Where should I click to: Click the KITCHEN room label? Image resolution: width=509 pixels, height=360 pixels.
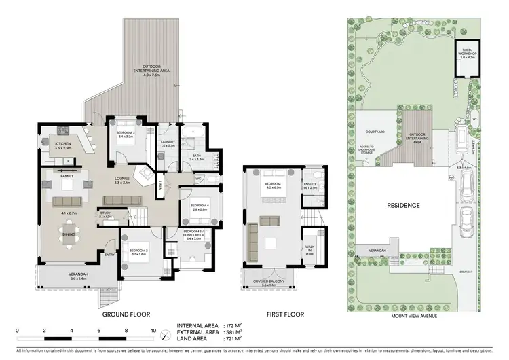[63, 144]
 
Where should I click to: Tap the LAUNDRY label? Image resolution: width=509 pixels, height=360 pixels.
[168, 142]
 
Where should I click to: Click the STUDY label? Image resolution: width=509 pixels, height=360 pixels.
[105, 213]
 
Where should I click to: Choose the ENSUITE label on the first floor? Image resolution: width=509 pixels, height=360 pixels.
[311, 183]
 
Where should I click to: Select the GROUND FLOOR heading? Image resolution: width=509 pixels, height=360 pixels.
[126, 314]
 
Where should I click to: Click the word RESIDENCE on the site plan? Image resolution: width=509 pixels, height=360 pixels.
[403, 204]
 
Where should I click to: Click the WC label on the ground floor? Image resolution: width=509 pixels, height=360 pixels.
[200, 179]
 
